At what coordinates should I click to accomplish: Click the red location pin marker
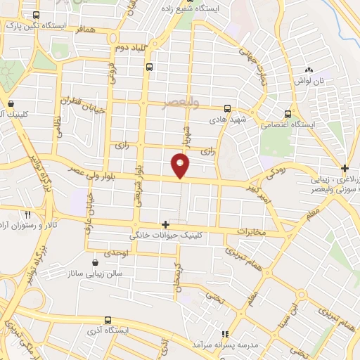tap(181, 165)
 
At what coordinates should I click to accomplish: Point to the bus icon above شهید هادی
tap(227, 109)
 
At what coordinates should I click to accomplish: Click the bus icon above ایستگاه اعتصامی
tap(288, 113)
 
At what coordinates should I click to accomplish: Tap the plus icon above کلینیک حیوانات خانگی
tap(165, 224)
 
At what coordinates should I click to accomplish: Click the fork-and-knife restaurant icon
tap(28, 214)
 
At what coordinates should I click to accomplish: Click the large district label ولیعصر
tap(181, 102)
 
